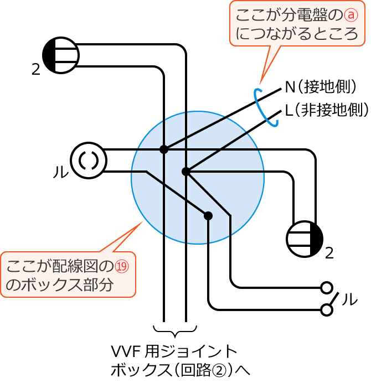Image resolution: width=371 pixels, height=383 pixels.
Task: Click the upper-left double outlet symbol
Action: pos(61,55)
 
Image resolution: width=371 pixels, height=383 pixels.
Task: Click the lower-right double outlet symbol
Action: pos(305,239)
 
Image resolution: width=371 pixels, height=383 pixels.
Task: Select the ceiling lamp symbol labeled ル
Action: pos(89,161)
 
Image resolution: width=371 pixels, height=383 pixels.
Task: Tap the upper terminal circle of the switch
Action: pos(327,288)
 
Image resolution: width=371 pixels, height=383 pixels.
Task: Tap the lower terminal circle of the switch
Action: pos(327,310)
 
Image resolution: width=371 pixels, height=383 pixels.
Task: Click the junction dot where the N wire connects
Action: pos(164,149)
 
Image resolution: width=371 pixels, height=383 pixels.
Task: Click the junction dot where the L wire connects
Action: pos(186,172)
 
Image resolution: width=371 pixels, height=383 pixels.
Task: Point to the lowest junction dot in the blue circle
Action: pos(208,216)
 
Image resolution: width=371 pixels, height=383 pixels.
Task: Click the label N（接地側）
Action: pos(321,87)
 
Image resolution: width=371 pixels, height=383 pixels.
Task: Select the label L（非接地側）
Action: pos(327,110)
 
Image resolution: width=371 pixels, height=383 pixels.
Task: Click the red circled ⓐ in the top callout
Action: pos(351,15)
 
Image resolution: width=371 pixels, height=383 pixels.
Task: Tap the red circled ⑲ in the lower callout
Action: pos(121,266)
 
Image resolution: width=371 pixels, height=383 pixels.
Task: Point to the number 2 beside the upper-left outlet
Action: pos(36,70)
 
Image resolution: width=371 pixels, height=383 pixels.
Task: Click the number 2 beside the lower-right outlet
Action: pos(329,253)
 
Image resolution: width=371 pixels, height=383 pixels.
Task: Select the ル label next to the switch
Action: pos(350,299)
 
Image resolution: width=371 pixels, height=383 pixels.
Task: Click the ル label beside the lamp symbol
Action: pos(61,172)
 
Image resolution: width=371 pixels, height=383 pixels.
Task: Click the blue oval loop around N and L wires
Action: pos(266,107)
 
